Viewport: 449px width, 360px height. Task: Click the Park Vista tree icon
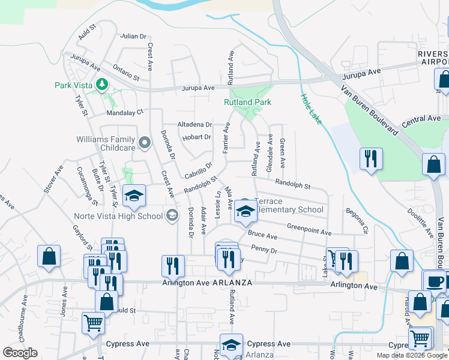(x=102, y=85)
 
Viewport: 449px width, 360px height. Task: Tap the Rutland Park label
(x=247, y=103)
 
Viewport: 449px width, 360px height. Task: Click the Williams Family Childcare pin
(x=144, y=143)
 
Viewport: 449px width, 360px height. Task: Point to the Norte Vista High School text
(x=118, y=216)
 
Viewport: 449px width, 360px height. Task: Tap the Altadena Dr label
(x=195, y=125)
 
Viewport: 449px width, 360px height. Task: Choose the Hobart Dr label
(x=199, y=137)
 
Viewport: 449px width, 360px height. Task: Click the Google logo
(x=20, y=353)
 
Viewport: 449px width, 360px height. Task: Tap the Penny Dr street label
(x=264, y=249)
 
